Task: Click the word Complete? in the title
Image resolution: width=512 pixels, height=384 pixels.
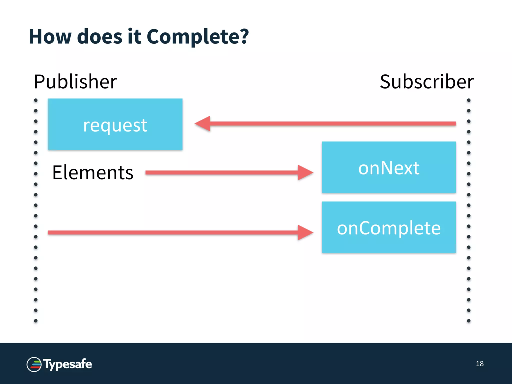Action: [x=197, y=37]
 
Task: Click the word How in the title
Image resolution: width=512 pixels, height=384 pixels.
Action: [x=50, y=37]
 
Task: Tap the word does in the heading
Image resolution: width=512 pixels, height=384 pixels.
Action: [x=100, y=37]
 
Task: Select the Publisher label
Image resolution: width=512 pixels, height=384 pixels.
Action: [x=75, y=82]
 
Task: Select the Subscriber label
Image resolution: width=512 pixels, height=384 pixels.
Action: [x=426, y=82]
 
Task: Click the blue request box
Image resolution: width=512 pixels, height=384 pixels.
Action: [x=115, y=124]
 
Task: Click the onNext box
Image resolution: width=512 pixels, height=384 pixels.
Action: [x=389, y=167]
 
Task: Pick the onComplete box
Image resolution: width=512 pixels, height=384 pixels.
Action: [x=389, y=227]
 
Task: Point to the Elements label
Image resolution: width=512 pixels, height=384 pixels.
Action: [x=93, y=172]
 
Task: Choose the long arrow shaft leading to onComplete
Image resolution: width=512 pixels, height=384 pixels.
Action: [x=172, y=232]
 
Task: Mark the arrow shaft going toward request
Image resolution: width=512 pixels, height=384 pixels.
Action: [x=332, y=123]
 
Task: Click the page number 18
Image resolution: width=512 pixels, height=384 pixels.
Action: [x=479, y=364]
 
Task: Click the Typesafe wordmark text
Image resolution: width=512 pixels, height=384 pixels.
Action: [x=67, y=364]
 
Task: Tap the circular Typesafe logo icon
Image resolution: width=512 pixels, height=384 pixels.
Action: [x=34, y=364]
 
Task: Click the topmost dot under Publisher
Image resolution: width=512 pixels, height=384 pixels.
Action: [x=36, y=100]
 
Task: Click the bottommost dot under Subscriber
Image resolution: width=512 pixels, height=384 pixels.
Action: [x=469, y=321]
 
